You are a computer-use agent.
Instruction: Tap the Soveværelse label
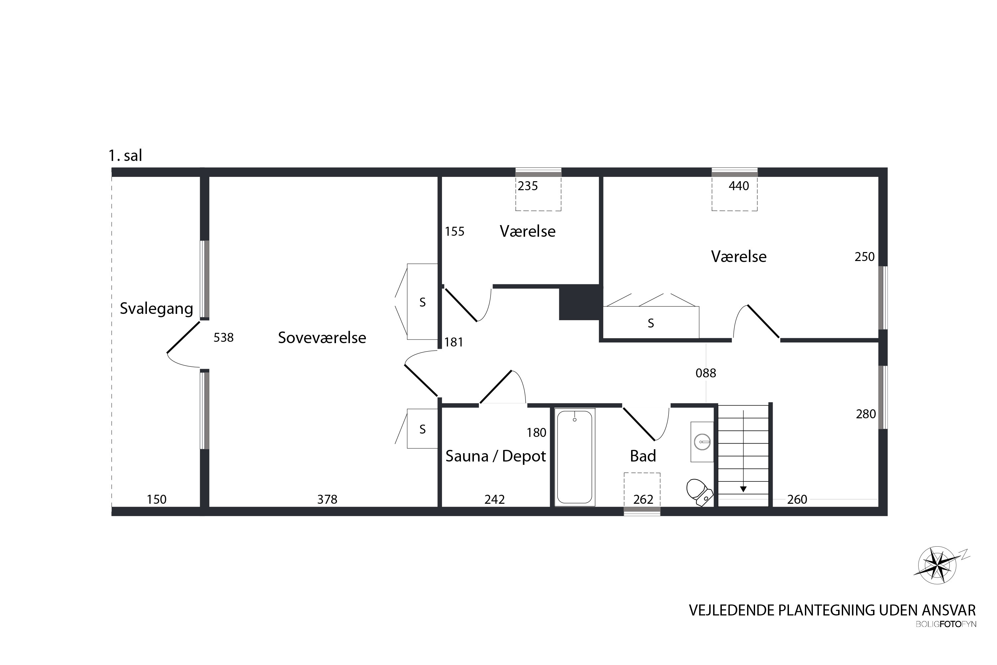click(x=322, y=337)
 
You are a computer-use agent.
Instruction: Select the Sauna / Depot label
click(x=496, y=456)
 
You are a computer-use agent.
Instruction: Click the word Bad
click(x=643, y=456)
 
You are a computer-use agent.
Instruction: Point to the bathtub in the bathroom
click(x=575, y=457)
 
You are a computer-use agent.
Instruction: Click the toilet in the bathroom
click(x=699, y=491)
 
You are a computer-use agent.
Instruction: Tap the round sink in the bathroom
click(x=703, y=442)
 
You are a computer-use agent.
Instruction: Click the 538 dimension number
click(x=223, y=337)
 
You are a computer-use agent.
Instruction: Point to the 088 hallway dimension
click(x=706, y=373)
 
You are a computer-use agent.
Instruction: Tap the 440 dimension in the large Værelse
click(x=739, y=186)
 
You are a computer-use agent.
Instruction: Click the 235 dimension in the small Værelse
click(x=528, y=186)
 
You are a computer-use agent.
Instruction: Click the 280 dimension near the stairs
click(x=866, y=414)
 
